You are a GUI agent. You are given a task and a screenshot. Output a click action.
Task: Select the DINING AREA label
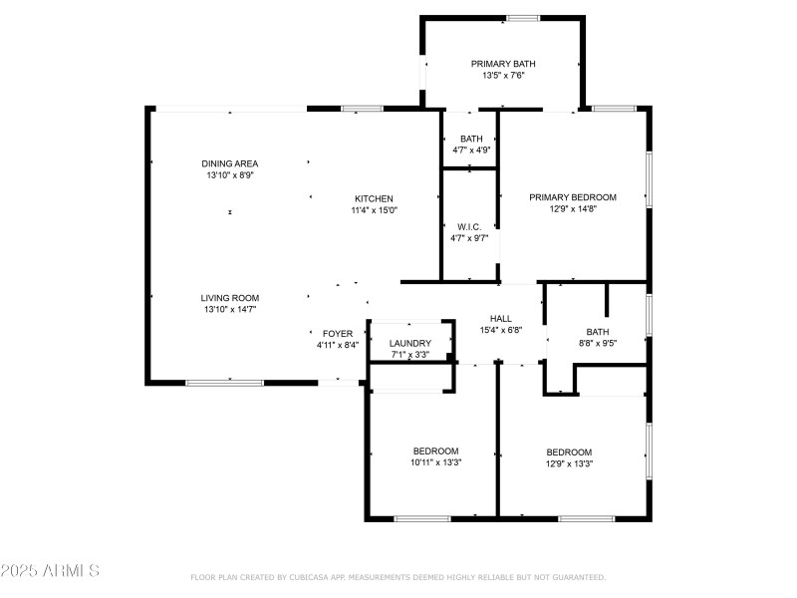pyautogui.click(x=230, y=163)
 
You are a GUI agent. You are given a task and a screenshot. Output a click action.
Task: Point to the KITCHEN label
pyautogui.click(x=374, y=198)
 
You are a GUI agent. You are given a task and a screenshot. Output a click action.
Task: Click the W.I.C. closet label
pyautogui.click(x=470, y=227)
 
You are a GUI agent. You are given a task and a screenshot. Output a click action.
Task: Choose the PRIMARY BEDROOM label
pyautogui.click(x=573, y=197)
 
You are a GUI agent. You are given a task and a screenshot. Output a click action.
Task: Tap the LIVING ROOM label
pyautogui.click(x=230, y=298)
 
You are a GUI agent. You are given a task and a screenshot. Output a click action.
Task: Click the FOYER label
pyautogui.click(x=337, y=334)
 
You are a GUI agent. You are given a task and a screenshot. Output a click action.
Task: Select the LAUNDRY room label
pyautogui.click(x=409, y=344)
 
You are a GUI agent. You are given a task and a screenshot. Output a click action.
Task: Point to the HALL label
pyautogui.click(x=501, y=319)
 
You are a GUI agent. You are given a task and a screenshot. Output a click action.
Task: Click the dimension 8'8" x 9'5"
pyautogui.click(x=598, y=344)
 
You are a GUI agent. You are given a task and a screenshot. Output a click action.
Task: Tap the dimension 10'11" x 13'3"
pyautogui.click(x=435, y=462)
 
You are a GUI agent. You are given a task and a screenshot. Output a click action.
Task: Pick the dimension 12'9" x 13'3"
pyautogui.click(x=569, y=463)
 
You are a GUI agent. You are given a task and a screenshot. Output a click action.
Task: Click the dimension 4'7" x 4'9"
pyautogui.click(x=471, y=150)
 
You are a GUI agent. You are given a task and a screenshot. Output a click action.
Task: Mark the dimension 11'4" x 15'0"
pyautogui.click(x=374, y=210)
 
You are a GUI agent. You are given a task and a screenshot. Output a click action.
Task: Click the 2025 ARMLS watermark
pyautogui.click(x=50, y=571)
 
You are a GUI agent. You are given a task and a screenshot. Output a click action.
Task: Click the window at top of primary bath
pyautogui.click(x=523, y=18)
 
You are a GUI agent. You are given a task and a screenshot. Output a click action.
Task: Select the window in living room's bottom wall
pyautogui.click(x=224, y=382)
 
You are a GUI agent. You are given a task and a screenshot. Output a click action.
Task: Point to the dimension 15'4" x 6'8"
pyautogui.click(x=501, y=331)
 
